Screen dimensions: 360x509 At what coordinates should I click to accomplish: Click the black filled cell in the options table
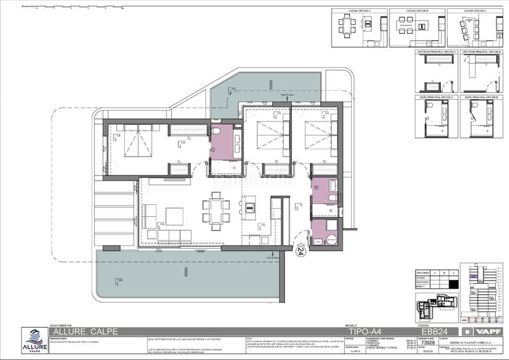pos(454,284)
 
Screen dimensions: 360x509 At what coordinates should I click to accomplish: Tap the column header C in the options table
pos(454,272)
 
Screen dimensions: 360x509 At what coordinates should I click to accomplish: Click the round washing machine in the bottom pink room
pos(329,240)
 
